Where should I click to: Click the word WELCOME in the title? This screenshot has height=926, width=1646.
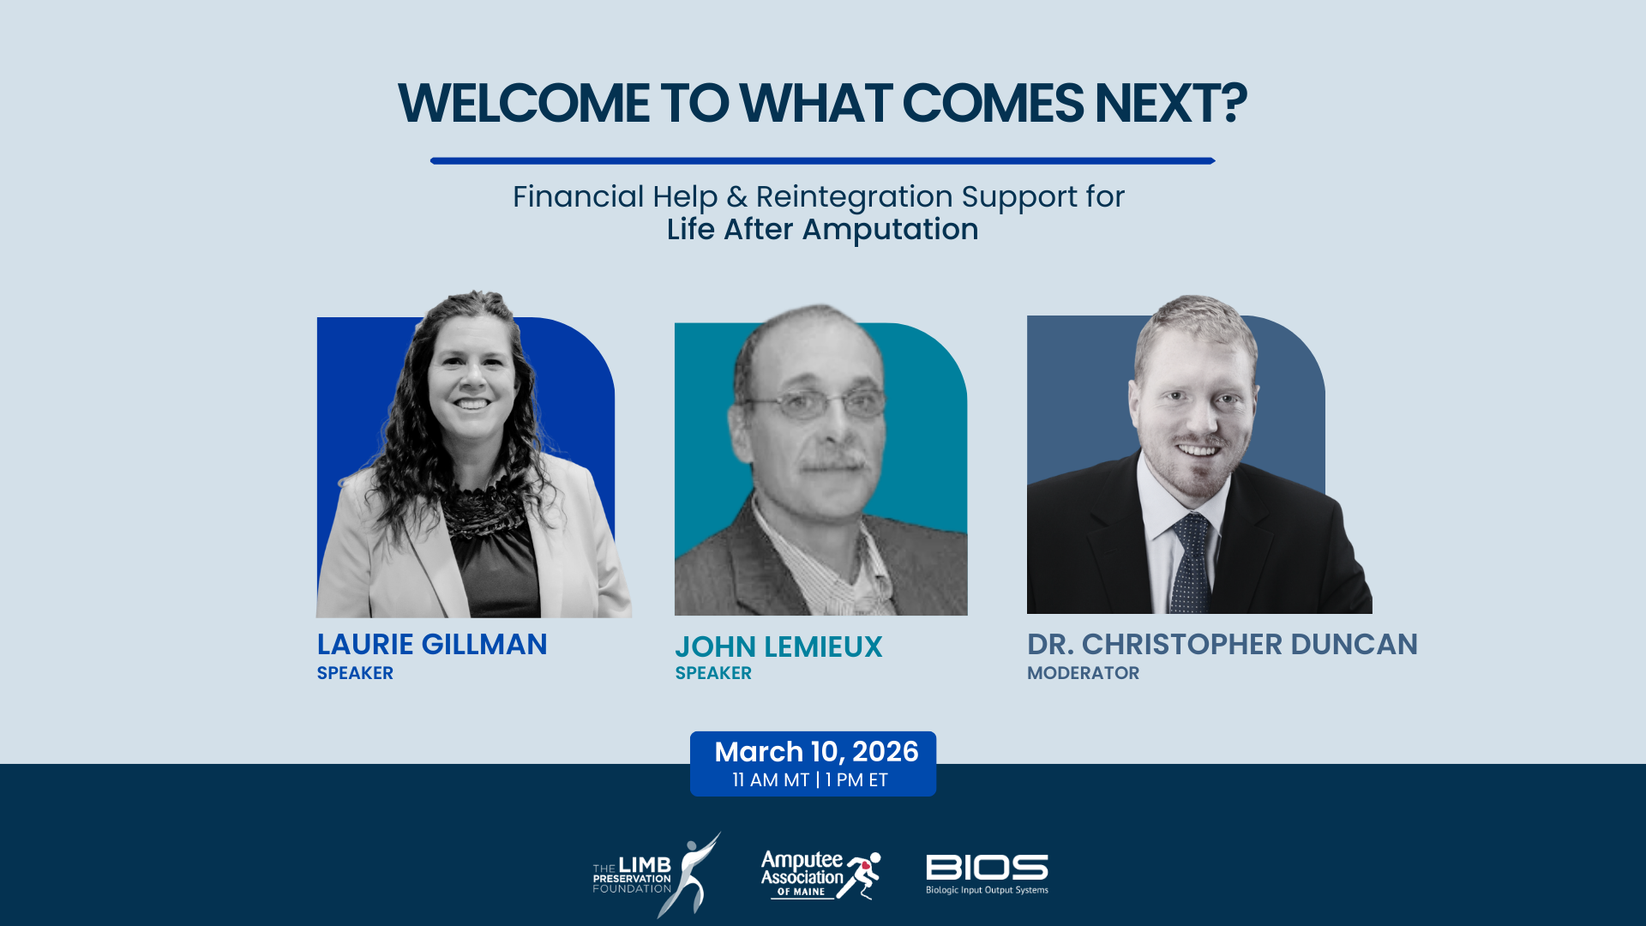click(523, 105)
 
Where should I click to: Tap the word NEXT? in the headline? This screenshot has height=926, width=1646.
click(1170, 105)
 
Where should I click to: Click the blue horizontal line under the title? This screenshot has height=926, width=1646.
click(822, 160)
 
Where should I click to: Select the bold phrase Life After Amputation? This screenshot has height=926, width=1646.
click(822, 230)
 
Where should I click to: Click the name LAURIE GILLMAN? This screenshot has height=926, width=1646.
click(431, 645)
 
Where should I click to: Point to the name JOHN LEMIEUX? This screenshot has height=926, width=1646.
click(778, 647)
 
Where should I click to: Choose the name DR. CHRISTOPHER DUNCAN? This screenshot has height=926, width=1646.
click(1222, 645)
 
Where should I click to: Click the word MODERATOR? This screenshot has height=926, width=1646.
click(1083, 674)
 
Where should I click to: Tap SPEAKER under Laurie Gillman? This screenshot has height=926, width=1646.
click(355, 674)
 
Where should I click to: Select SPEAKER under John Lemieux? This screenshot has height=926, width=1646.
click(713, 674)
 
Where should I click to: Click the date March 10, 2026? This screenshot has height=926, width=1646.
click(816, 752)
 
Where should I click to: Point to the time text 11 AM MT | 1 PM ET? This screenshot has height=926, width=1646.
click(810, 780)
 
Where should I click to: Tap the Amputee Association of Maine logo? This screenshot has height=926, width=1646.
click(820, 875)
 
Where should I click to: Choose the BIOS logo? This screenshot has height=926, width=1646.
click(987, 874)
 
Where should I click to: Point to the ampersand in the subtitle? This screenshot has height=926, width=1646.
click(736, 197)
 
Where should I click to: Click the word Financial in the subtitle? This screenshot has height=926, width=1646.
click(578, 197)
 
